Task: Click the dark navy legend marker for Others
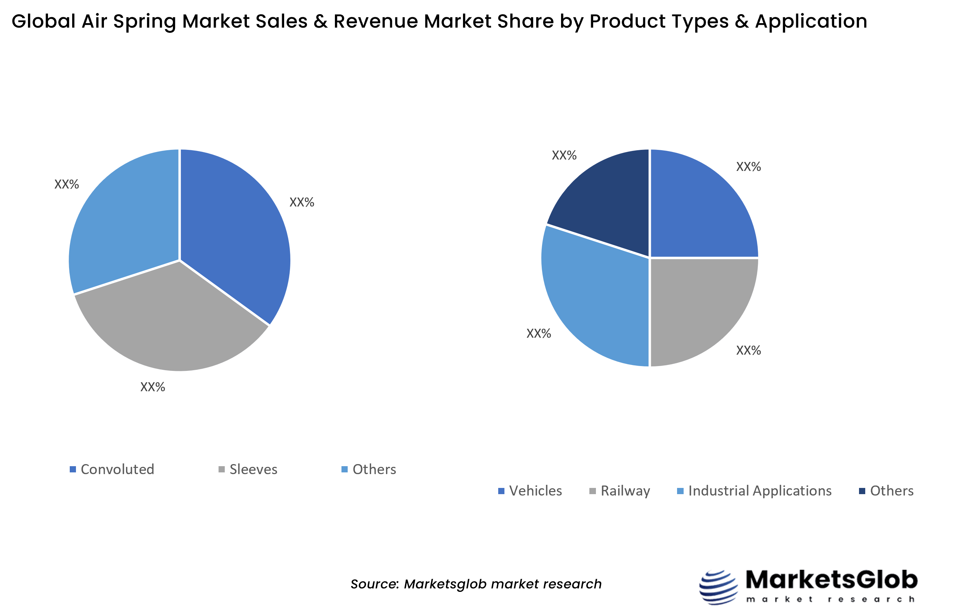(862, 491)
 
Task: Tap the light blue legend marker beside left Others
(344, 469)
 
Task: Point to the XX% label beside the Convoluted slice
(301, 202)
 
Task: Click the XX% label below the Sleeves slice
(153, 387)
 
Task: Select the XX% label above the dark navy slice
(564, 155)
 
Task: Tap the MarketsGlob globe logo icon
(718, 587)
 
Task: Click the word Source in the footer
(375, 584)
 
